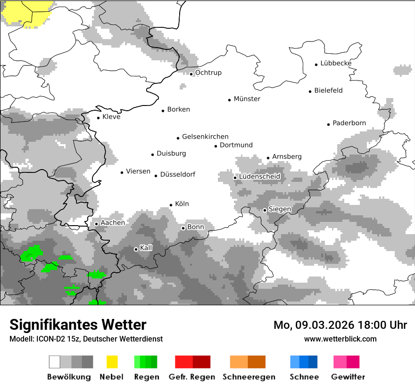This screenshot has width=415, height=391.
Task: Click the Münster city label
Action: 247,99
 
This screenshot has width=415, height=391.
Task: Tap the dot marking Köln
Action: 171,205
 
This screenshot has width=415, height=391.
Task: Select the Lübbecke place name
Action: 336,63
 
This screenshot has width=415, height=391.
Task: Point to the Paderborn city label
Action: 349,123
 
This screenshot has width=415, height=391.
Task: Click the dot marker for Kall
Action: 136,249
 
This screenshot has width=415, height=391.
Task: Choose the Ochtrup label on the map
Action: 208,73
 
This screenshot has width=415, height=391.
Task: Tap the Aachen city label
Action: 113,223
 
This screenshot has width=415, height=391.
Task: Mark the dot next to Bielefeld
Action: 310,91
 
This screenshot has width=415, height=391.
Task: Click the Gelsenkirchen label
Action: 205,137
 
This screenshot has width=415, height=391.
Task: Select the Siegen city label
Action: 280,209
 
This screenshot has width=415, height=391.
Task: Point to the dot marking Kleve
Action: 98,118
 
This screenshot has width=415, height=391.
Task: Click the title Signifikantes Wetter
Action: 78,325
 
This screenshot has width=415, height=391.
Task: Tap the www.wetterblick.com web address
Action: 340,339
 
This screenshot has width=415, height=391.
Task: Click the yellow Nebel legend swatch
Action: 112,362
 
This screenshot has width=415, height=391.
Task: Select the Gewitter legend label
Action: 348,377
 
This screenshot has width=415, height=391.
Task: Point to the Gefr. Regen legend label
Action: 192,377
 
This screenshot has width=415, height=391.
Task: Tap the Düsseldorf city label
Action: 178,175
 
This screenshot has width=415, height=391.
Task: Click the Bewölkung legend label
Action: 69,377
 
